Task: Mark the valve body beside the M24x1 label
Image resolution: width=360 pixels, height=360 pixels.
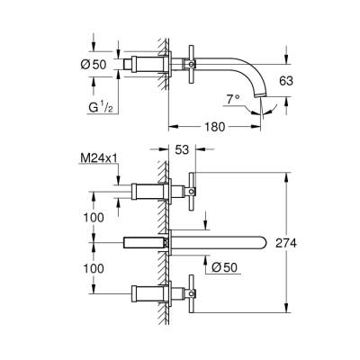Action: point(147,191)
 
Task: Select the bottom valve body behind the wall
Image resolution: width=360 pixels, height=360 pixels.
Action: point(147,292)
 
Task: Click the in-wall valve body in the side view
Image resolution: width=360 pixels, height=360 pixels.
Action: point(147,65)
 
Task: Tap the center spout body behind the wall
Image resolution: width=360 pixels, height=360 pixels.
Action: point(144,242)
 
